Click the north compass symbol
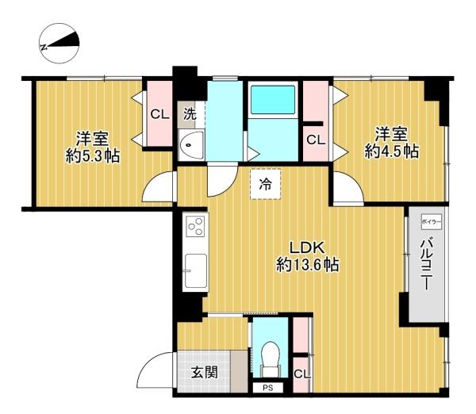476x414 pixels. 59,44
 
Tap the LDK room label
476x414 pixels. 307,248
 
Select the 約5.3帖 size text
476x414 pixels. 93,156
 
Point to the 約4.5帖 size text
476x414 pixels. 392,151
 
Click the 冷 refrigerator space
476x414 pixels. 266,184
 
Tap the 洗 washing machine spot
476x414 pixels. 190,114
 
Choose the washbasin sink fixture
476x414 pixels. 191,145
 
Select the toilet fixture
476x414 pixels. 271,359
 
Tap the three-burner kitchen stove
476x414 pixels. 195,227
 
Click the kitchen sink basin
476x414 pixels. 196,270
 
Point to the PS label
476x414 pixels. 268,388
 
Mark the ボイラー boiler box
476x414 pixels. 431,221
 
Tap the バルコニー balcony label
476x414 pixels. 427,264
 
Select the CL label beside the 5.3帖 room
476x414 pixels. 159,114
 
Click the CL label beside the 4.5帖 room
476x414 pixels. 316,140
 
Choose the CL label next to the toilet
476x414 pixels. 302,374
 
